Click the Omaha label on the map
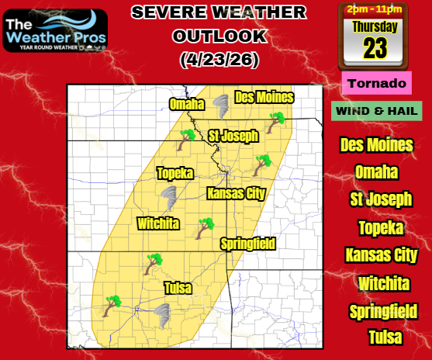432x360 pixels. tap(186, 105)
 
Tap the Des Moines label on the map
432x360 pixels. tap(264, 97)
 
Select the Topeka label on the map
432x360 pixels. tap(175, 173)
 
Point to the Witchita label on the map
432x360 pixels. tap(158, 223)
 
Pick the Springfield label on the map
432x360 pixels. tap(248, 244)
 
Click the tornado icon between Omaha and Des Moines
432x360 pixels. tap(219, 106)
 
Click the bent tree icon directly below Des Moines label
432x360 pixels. tap(275, 123)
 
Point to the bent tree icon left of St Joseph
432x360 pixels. tap(187, 140)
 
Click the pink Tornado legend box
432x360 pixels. tap(376, 83)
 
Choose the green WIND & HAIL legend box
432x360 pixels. tap(376, 111)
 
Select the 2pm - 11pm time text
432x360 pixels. tap(375, 9)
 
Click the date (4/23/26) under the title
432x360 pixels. tap(219, 58)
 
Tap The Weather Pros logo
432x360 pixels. tap(55, 30)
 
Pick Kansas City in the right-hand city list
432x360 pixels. tap(381, 255)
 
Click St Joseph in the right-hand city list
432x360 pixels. tap(381, 199)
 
